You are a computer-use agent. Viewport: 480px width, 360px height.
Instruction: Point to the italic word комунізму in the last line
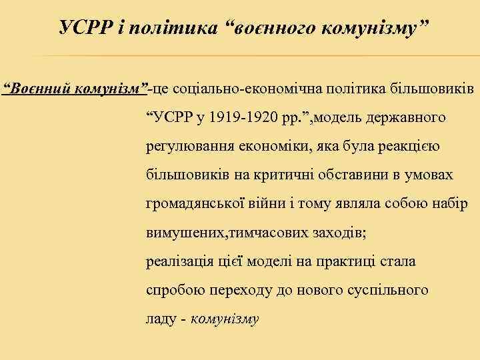225,319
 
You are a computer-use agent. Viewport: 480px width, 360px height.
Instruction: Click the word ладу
161,319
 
